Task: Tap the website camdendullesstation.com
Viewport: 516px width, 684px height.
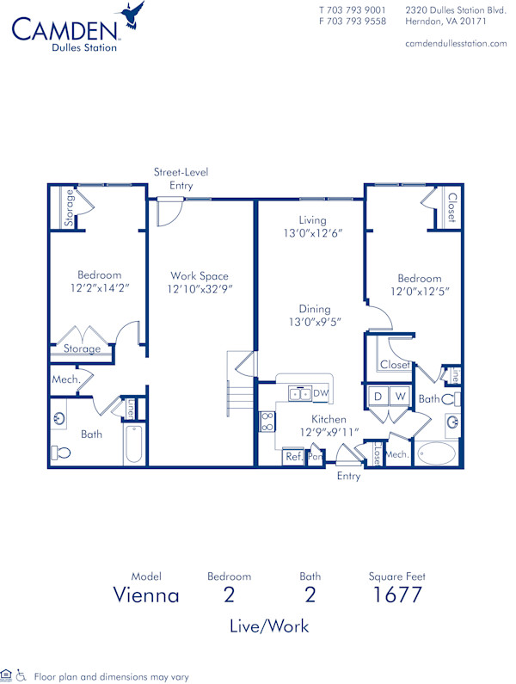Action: click(x=456, y=43)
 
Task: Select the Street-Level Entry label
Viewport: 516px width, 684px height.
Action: click(x=181, y=178)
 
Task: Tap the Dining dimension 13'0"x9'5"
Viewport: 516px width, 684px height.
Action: click(x=315, y=324)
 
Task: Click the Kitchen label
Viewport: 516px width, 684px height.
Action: click(x=329, y=419)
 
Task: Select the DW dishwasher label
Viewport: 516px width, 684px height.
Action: click(x=320, y=393)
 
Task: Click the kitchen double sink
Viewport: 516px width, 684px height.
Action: click(x=299, y=393)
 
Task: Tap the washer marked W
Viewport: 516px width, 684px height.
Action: click(x=399, y=396)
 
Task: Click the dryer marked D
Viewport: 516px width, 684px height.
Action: click(x=378, y=396)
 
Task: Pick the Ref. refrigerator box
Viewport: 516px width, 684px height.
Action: click(x=293, y=457)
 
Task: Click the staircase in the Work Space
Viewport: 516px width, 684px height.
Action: click(x=241, y=396)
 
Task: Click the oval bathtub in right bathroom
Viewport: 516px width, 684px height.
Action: click(x=438, y=453)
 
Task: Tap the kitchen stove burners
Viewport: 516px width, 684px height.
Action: click(x=267, y=422)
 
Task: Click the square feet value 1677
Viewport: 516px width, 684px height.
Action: click(x=396, y=595)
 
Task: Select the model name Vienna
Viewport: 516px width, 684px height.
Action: click(x=146, y=595)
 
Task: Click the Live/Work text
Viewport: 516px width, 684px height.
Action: click(x=269, y=625)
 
